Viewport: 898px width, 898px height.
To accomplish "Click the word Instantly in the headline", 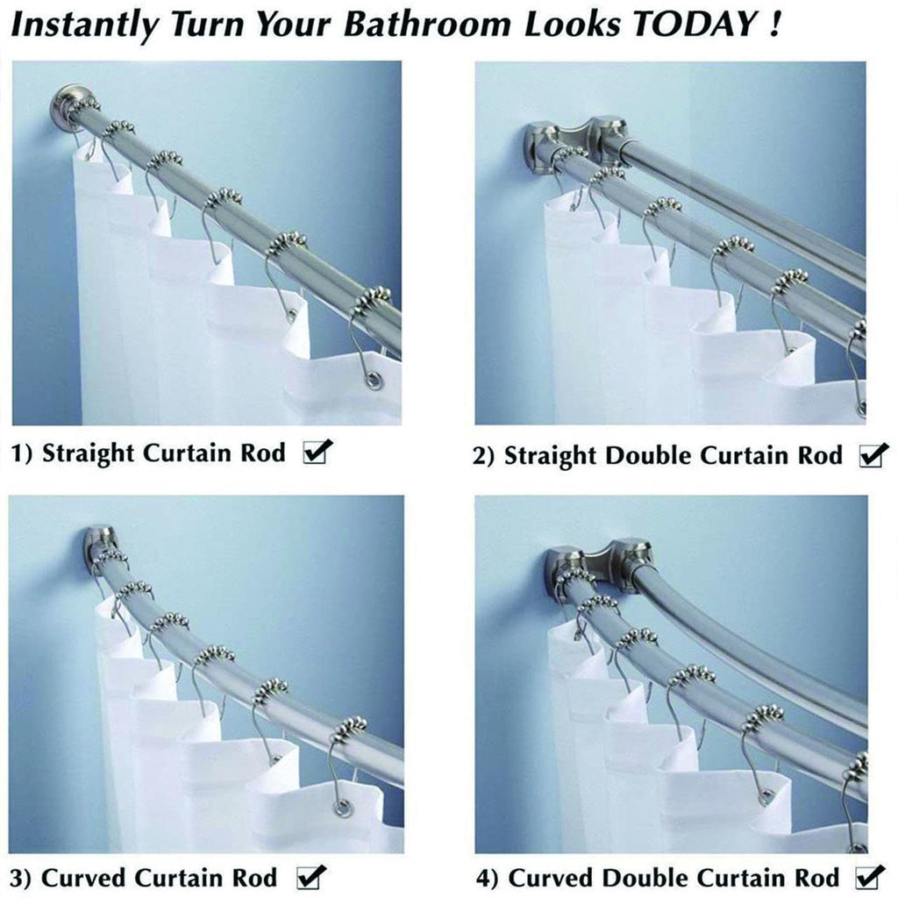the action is tap(84, 26).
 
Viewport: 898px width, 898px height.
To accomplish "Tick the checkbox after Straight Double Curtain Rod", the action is tap(873, 455).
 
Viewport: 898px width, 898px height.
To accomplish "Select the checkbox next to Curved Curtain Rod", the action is tap(310, 877).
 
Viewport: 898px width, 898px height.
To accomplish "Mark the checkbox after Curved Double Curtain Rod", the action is tap(869, 877).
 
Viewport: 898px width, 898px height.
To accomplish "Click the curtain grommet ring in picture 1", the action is tap(375, 379).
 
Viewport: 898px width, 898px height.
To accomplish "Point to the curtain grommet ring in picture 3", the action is tap(342, 809).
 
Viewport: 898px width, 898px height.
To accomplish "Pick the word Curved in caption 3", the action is tap(84, 877).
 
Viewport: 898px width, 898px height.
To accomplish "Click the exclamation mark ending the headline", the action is tap(774, 24).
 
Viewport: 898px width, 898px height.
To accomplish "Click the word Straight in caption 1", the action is tap(88, 453).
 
